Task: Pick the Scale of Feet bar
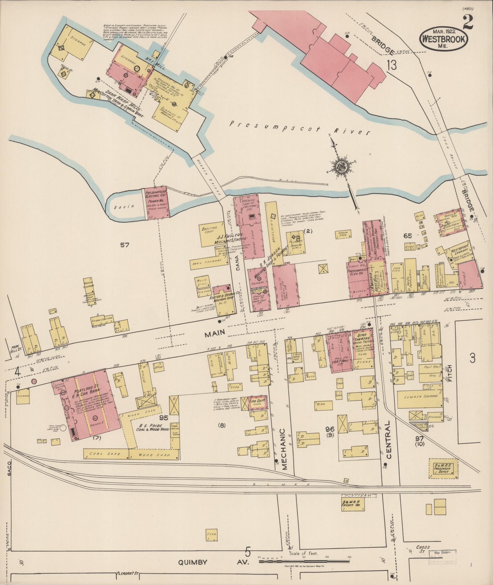[x=304, y=561]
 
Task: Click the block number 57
[x=125, y=245]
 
